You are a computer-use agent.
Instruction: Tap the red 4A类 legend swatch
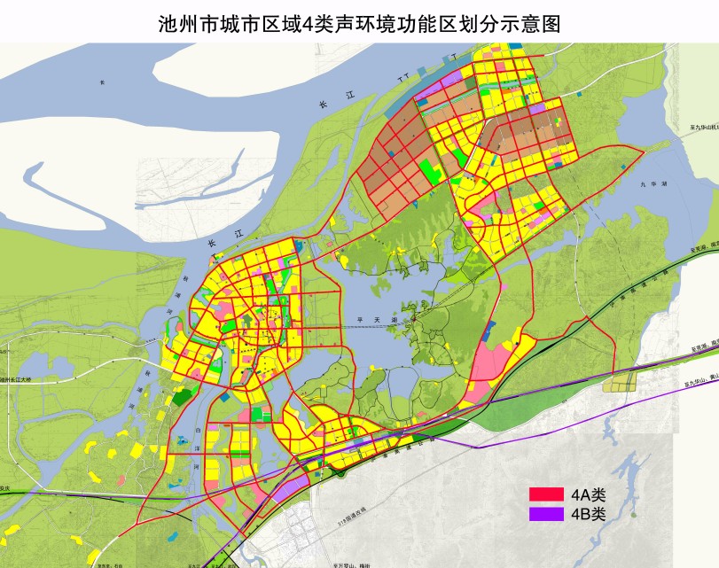[x=546, y=494]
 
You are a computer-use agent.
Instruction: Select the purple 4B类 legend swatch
[x=546, y=514]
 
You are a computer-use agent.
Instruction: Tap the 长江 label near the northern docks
[x=324, y=105]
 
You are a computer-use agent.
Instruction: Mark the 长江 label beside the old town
[x=211, y=243]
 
